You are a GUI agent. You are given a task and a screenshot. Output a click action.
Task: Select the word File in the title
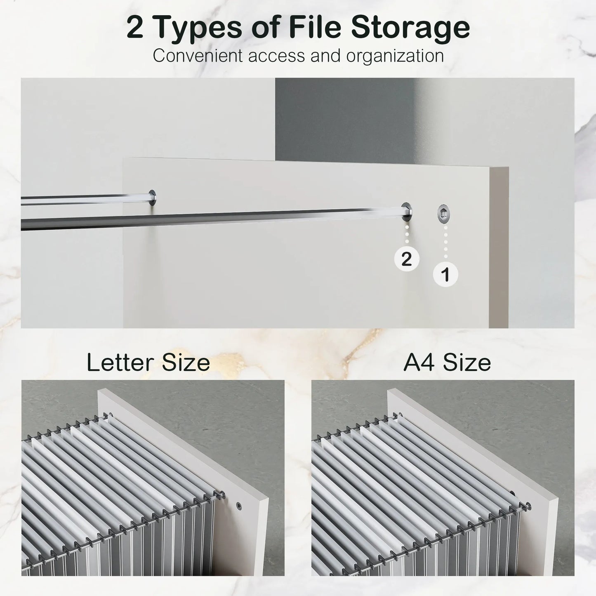point(314,27)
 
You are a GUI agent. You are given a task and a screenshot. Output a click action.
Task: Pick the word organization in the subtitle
point(395,56)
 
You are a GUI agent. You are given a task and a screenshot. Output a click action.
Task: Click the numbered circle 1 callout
point(445,275)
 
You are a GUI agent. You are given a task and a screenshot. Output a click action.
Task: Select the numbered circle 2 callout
point(406,259)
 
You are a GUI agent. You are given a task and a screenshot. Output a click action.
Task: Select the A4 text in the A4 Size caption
point(420,363)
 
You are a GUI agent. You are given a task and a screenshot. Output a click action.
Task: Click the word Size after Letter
point(186,363)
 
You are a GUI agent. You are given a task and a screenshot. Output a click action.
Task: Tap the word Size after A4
point(467,363)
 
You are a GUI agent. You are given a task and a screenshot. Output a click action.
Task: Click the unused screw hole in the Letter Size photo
point(239,506)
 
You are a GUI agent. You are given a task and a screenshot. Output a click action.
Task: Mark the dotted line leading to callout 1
point(445,243)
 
